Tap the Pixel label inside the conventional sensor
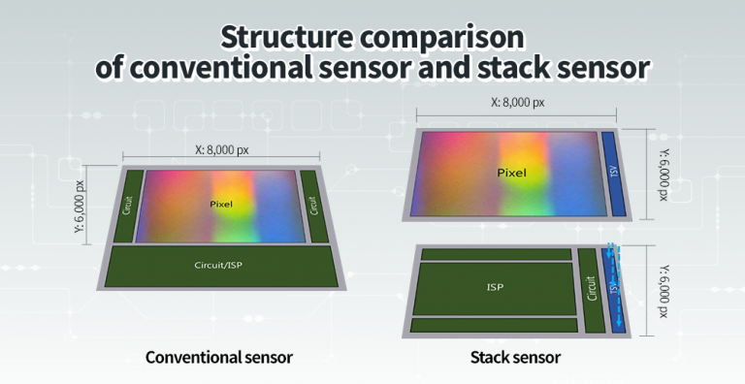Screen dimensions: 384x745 pyautogui.click(x=222, y=205)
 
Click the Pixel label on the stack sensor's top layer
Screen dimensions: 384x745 pyautogui.click(x=511, y=174)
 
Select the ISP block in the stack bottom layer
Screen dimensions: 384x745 pyautogui.click(x=495, y=287)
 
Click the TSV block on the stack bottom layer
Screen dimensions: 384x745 pyautogui.click(x=613, y=286)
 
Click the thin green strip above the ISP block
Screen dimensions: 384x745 pyautogui.click(x=497, y=254)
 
